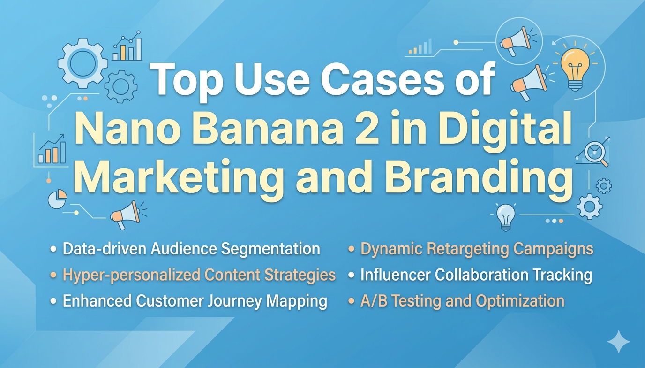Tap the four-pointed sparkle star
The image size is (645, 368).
618,342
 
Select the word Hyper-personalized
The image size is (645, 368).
124,275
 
